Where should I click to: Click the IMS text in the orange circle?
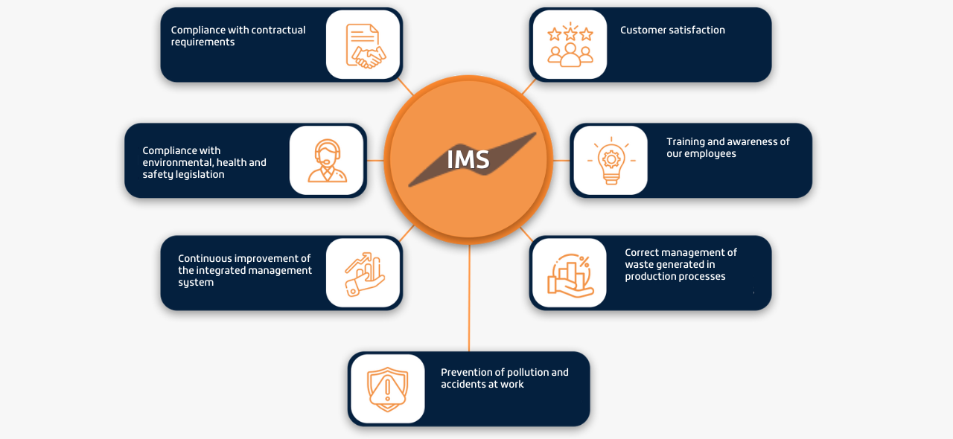468,159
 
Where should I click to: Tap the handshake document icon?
363,45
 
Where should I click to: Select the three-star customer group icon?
570,45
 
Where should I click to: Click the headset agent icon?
327,160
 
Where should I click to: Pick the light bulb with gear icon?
611,160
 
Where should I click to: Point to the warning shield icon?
388,388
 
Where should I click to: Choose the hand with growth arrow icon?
363,273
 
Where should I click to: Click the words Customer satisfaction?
672,31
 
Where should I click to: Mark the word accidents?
464,385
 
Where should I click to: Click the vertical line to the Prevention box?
469,298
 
